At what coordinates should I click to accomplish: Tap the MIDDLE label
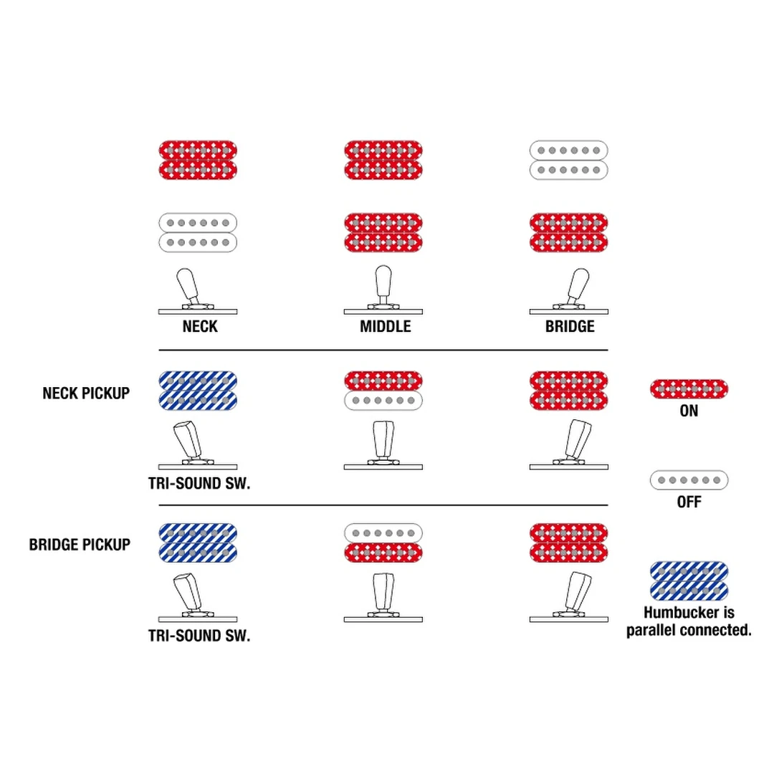coord(386,327)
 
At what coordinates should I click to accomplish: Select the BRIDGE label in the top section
coord(570,327)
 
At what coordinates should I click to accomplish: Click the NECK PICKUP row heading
coord(86,393)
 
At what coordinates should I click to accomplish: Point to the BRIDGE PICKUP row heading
coord(80,545)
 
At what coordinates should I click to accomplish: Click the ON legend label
coord(689,411)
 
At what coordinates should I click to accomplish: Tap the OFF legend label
coord(689,502)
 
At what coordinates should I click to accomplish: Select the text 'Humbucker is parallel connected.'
coord(689,622)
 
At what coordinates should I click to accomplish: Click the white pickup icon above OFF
coord(689,479)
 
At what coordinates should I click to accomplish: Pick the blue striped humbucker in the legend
coord(689,580)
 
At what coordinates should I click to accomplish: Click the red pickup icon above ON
coord(689,388)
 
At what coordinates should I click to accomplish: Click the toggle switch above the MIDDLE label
coord(383,290)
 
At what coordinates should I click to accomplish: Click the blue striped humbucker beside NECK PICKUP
coord(198,390)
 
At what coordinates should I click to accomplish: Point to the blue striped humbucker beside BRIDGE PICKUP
coord(198,542)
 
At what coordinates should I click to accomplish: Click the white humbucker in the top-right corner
coord(569,160)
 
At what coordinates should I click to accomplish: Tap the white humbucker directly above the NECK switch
coord(198,232)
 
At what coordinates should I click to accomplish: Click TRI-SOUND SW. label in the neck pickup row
coord(199,484)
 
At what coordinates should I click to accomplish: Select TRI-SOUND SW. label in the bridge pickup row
coord(199,635)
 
